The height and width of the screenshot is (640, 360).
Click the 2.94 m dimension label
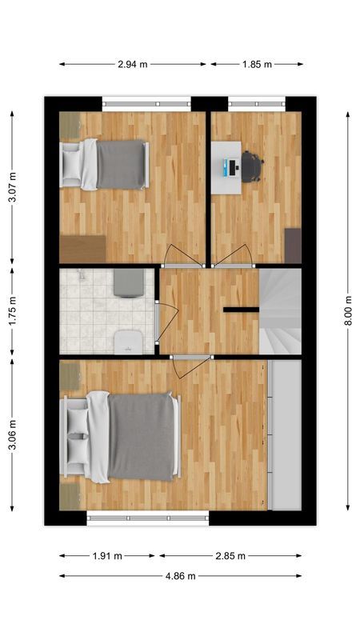[132, 64]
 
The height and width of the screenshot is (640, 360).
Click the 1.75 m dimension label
[12, 311]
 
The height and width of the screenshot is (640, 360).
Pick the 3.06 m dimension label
[12, 434]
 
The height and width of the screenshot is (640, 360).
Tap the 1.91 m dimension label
[107, 555]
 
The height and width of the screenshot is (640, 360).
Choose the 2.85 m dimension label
[230, 555]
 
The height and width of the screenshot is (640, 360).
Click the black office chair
[251, 166]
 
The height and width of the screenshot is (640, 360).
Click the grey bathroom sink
[128, 282]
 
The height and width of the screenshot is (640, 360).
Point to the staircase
[279, 311]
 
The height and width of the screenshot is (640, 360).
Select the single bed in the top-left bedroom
[108, 164]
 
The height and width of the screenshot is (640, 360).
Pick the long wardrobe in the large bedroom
[285, 434]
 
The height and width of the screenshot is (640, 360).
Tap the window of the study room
[256, 102]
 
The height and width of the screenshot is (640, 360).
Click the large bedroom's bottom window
[147, 518]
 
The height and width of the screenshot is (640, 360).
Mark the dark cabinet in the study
[293, 245]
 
